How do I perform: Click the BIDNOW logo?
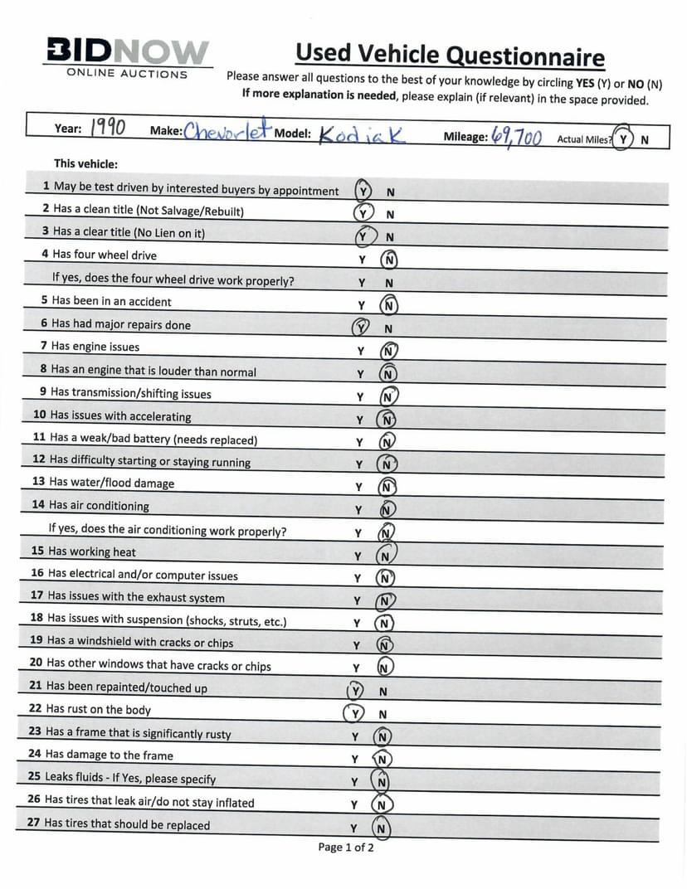128,52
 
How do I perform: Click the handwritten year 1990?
107,128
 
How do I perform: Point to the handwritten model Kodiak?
361,134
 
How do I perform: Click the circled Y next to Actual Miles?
622,138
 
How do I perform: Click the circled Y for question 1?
363,191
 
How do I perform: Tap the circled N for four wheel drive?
388,259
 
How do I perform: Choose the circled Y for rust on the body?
355,713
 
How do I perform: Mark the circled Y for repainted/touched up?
356,691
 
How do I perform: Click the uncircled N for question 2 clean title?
390,214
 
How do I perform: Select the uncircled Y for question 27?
353,828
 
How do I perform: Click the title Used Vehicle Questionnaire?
450,55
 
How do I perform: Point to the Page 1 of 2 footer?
346,847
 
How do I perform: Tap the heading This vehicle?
85,164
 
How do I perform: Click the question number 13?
38,482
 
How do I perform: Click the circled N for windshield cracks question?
385,644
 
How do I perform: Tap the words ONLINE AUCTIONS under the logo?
128,74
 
